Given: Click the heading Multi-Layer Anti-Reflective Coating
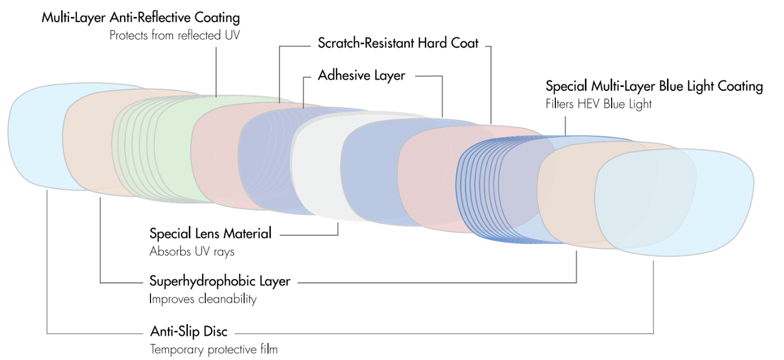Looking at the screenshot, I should click(141, 18).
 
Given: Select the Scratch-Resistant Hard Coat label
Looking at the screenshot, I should click(398, 43).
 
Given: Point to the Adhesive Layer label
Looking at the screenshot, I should click(361, 75).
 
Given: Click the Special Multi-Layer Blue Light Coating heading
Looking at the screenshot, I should click(654, 86).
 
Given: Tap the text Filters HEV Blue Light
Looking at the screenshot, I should click(599, 103).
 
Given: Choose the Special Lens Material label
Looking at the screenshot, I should click(210, 234).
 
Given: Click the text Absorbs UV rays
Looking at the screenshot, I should click(191, 252).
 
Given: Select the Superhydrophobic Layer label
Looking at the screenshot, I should click(219, 281).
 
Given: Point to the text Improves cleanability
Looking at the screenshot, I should click(202, 299).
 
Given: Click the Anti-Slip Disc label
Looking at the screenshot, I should click(188, 331).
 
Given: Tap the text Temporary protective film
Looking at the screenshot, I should click(213, 349).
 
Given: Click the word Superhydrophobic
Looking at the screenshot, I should click(196, 281).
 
